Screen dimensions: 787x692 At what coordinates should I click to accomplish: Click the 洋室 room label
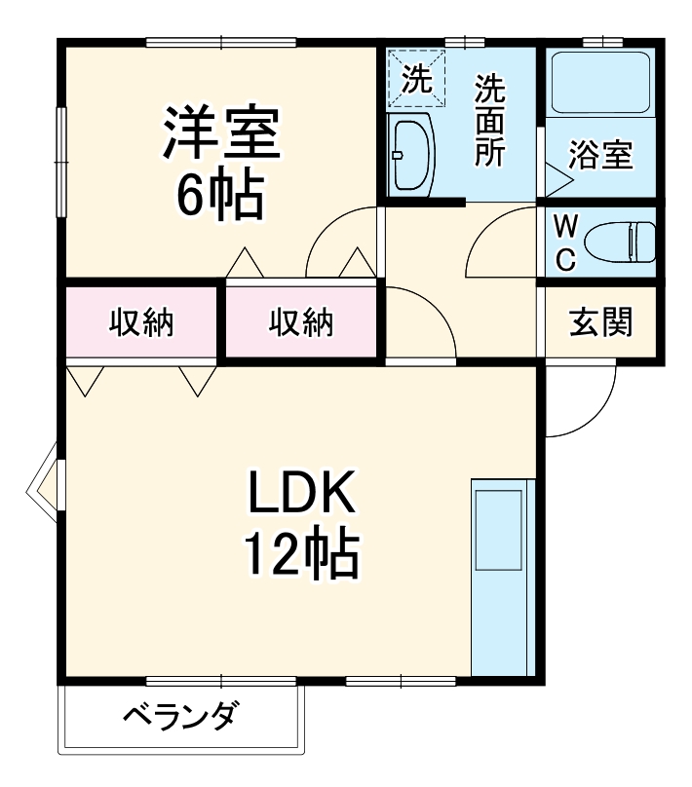pyautogui.click(x=221, y=133)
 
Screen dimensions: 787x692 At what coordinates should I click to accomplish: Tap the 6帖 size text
pyautogui.click(x=219, y=198)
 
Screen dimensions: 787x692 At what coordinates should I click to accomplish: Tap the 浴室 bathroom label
pyautogui.click(x=600, y=156)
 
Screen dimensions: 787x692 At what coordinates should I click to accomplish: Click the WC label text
pyautogui.click(x=565, y=243)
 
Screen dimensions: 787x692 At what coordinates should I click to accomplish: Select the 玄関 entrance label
pyautogui.click(x=600, y=320)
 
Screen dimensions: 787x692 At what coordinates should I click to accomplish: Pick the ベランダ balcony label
pyautogui.click(x=180, y=718)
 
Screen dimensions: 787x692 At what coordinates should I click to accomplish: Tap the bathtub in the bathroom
pyautogui.click(x=600, y=84)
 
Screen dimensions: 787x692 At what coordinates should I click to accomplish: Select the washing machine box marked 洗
pyautogui.click(x=417, y=79)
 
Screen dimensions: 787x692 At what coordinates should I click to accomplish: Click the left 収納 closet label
pyautogui.click(x=141, y=322)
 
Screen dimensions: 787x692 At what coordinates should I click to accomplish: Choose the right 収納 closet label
pyautogui.click(x=301, y=322)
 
